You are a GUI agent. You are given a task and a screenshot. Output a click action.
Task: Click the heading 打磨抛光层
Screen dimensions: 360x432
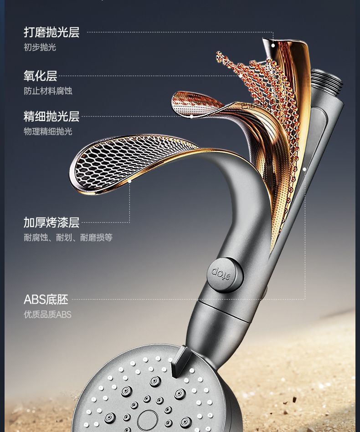point(51,32)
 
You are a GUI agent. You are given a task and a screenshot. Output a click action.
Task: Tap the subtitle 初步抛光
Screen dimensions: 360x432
point(40,47)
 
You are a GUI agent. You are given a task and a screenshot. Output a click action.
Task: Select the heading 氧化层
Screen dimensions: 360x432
point(40,76)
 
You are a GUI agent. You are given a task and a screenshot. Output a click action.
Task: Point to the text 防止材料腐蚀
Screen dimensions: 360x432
point(48,91)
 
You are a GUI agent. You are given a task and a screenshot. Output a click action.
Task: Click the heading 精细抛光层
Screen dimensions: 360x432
point(51,117)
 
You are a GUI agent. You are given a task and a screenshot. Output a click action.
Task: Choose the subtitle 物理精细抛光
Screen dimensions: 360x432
point(48,132)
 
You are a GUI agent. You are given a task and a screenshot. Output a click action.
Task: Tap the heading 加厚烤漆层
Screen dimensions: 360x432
point(51,223)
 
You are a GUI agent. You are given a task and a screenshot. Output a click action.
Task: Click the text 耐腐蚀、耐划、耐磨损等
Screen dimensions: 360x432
point(68,238)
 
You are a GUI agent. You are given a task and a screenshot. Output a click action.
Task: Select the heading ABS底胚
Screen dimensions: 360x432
point(46,300)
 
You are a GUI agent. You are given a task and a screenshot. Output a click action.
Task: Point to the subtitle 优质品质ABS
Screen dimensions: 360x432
point(47,315)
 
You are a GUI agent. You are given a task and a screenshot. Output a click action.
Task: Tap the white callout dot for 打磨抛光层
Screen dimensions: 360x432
point(273,45)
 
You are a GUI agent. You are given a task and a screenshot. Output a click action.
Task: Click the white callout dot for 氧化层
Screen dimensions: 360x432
point(241,76)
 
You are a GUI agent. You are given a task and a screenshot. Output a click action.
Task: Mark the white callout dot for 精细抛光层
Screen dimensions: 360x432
point(191,117)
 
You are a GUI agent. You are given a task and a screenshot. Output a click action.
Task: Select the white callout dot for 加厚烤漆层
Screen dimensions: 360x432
point(130,181)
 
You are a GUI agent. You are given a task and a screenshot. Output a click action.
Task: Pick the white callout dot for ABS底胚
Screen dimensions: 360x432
point(304,169)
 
